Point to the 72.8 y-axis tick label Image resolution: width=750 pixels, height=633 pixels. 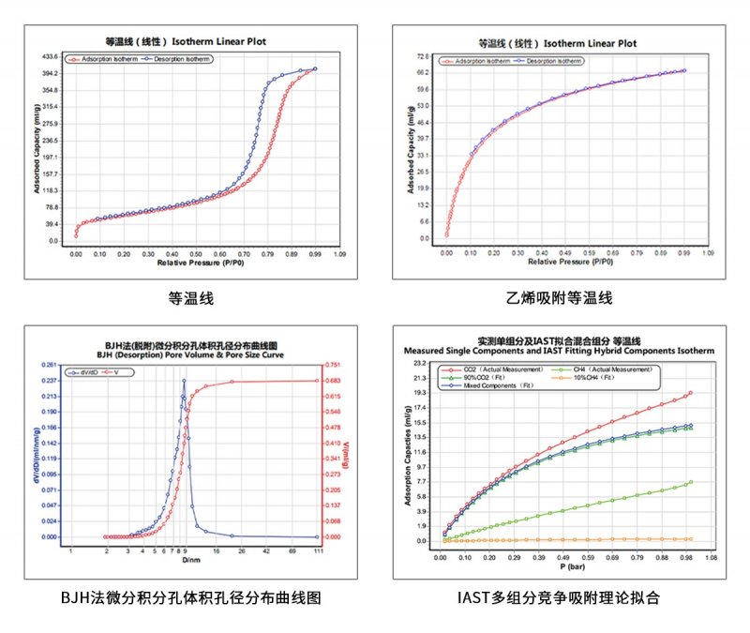tap(423, 56)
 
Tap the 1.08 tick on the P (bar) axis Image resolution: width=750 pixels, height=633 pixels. tap(710, 556)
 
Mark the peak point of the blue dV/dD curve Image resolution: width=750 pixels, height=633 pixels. tap(184, 381)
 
